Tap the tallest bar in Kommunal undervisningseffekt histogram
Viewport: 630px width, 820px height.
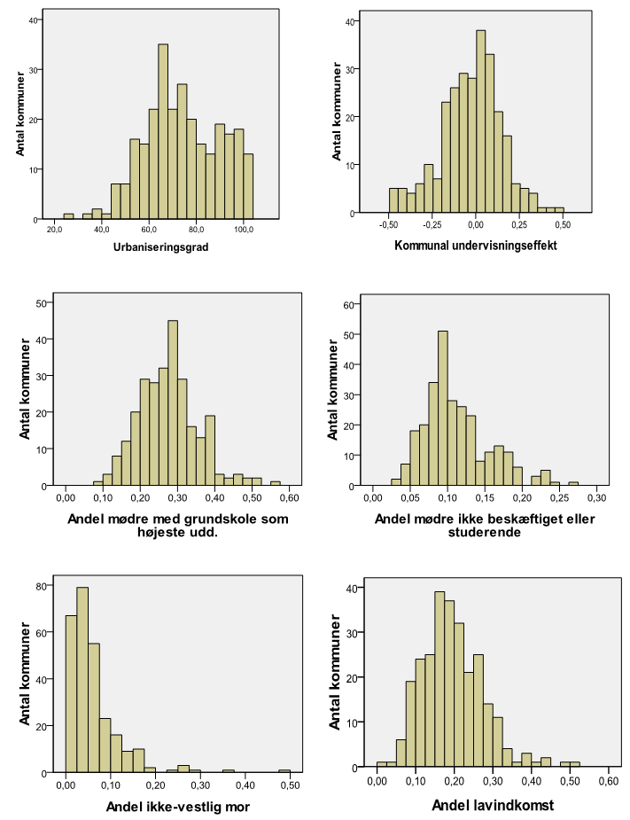coord(480,122)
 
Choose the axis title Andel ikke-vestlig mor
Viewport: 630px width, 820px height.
coord(178,807)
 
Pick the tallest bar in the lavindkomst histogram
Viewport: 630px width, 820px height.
coord(439,680)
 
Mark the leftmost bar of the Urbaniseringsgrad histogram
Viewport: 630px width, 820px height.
coord(68,216)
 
